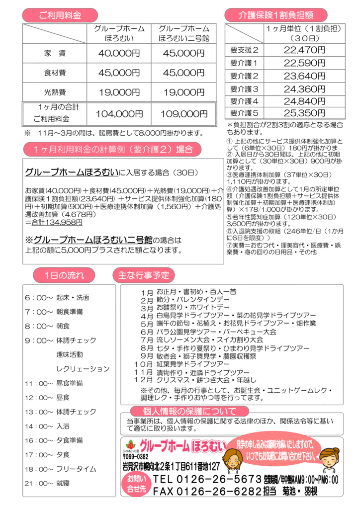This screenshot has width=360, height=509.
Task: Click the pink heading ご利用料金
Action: pos(60,15)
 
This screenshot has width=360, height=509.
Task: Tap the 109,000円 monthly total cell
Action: pos(183,114)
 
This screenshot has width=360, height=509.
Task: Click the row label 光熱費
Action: pos(55,92)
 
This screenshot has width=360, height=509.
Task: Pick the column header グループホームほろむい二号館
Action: pos(183,33)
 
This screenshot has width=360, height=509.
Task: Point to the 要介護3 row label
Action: pos(244,89)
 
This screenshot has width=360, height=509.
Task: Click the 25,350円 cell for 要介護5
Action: pos(304,112)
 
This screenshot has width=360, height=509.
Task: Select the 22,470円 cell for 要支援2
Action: pos(304,50)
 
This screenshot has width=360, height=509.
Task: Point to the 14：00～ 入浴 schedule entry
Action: pos(47,426)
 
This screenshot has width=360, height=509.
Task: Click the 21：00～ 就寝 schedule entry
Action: pos(47,483)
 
